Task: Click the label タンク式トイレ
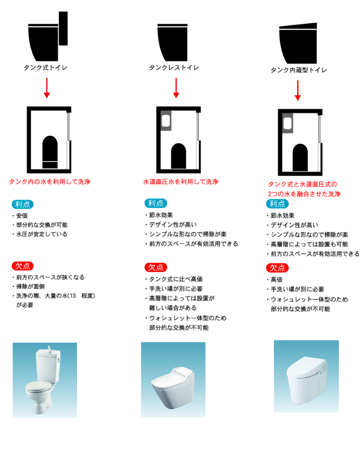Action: point(45,67)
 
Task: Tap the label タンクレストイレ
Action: point(174,67)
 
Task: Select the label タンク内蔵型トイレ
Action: point(299,70)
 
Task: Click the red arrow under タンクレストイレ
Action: point(176,88)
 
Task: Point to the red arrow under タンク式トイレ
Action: point(47,88)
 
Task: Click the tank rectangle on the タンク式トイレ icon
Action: point(63,28)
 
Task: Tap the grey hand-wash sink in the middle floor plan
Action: point(166,121)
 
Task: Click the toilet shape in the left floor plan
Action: point(50,152)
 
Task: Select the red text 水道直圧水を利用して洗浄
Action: point(181,182)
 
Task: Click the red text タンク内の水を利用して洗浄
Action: point(50,182)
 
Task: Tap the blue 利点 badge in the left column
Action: point(23,204)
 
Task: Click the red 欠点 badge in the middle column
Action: point(156,268)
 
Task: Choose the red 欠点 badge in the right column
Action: point(277,268)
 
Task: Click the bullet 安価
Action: point(20,216)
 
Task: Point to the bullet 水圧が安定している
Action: point(40,234)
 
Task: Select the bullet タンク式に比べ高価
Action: point(174,279)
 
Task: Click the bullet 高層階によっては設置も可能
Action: point(308,245)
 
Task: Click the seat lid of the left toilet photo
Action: point(38,386)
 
